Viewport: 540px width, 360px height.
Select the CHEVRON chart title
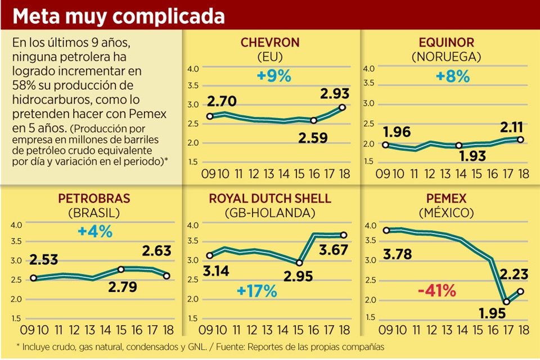[x=270, y=42]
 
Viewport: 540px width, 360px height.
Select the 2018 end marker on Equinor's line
[x=521, y=139]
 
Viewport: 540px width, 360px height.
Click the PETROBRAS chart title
[x=94, y=199]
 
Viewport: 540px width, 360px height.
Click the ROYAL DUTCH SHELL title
[x=270, y=199]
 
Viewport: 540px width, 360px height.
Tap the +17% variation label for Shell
[x=257, y=291]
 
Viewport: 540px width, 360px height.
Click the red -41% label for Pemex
[x=436, y=291]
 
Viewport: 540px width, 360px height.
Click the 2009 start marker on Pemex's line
[x=386, y=230]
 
